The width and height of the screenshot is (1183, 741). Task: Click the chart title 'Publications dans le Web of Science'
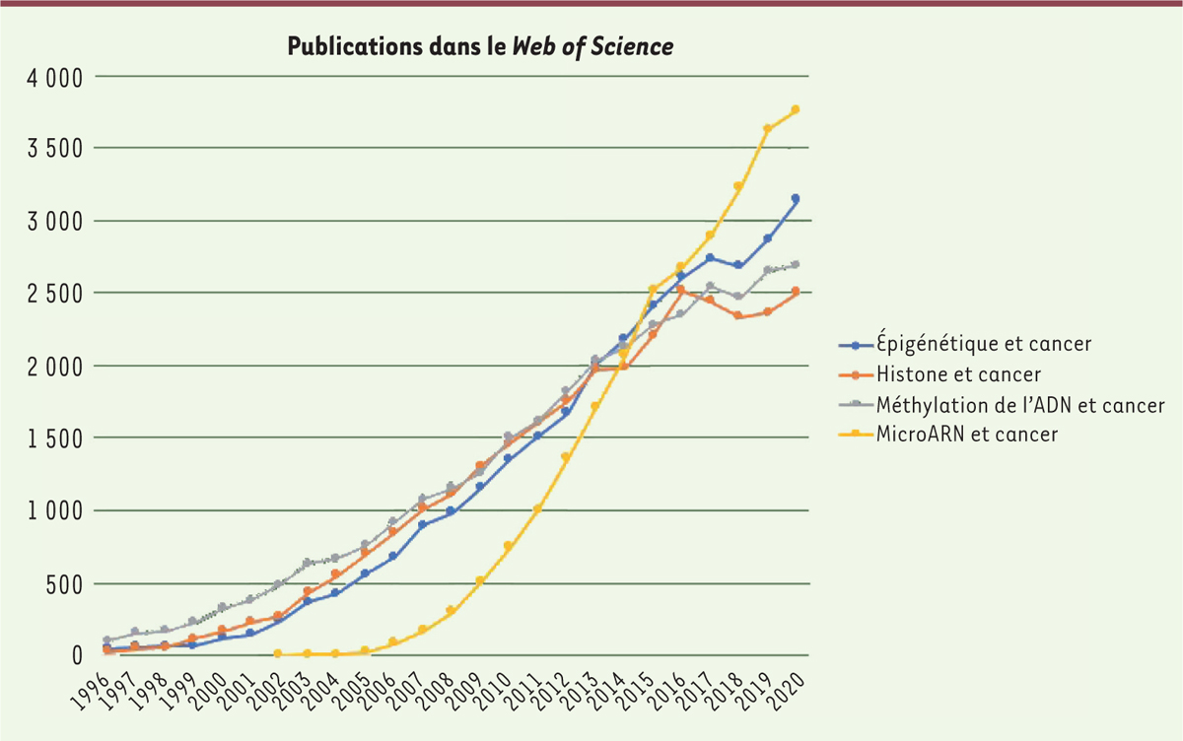480,46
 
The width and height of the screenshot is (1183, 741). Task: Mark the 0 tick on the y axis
75,656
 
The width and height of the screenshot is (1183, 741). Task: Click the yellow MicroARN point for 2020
796,109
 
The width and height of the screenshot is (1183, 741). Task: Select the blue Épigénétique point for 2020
796,199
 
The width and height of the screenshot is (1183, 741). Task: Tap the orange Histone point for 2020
796,292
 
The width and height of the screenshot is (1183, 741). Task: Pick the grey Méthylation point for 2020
796,264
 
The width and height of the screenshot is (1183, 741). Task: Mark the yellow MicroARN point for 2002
278,653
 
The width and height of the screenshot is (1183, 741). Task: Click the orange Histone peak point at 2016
680,290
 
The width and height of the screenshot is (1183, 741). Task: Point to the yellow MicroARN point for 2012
566,456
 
